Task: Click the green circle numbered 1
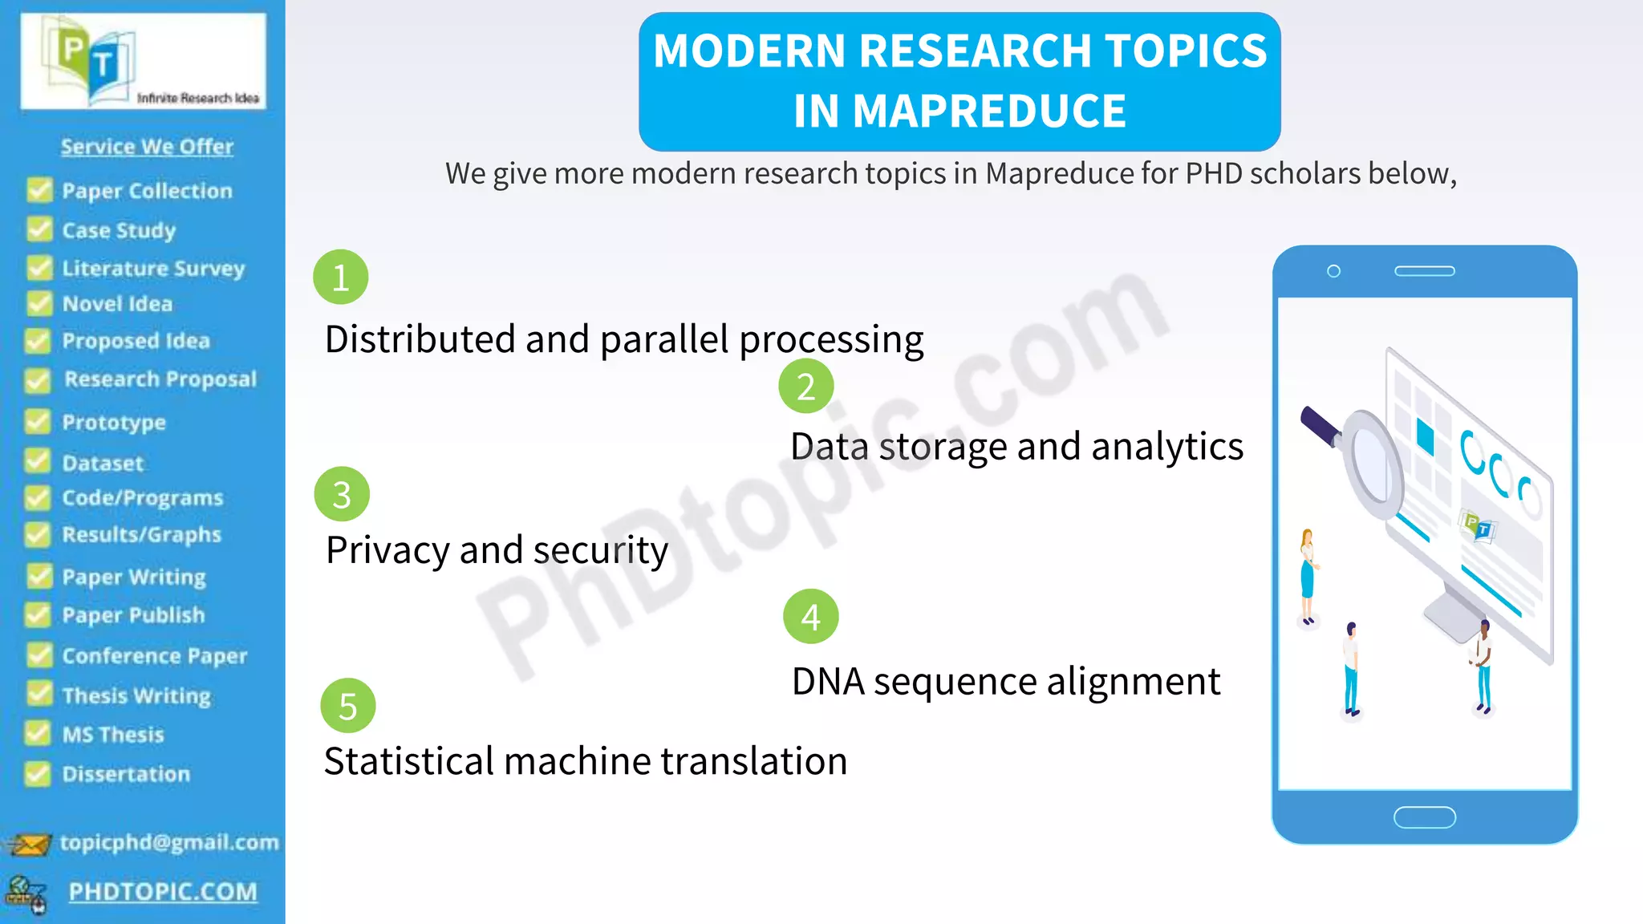[340, 278]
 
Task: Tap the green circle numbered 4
[810, 617]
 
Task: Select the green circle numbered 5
[347, 706]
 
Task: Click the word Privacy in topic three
[387, 551]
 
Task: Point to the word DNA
[828, 682]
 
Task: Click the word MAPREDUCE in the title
[959, 111]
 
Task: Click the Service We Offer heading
[147, 147]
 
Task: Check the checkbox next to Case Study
[39, 229]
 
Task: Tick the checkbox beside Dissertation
[37, 773]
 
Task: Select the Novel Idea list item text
[117, 304]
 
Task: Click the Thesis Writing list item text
[136, 695]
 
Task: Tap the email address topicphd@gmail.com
[169, 842]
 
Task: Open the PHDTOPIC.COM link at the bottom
[163, 892]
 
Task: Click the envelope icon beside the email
[29, 845]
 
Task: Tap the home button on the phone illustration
[1424, 817]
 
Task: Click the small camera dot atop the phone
[1333, 271]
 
